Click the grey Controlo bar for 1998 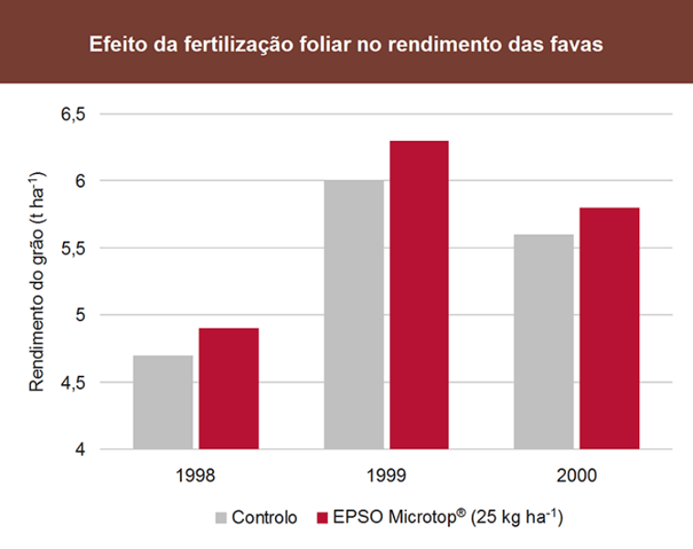point(163,402)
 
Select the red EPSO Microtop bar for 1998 point(229,388)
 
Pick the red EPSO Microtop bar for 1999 point(419,295)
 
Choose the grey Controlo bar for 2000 point(543,341)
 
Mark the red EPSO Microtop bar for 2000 point(609,328)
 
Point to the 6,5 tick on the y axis point(73,114)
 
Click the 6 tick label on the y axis point(80,181)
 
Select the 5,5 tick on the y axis point(73,248)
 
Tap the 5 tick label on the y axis point(80,316)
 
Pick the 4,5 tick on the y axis point(73,382)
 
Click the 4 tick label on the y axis point(80,449)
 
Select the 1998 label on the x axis point(195,476)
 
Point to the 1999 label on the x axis point(386,476)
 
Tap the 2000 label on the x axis point(576,476)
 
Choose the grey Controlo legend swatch point(221,517)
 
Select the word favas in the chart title point(576,43)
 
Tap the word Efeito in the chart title point(112,43)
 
